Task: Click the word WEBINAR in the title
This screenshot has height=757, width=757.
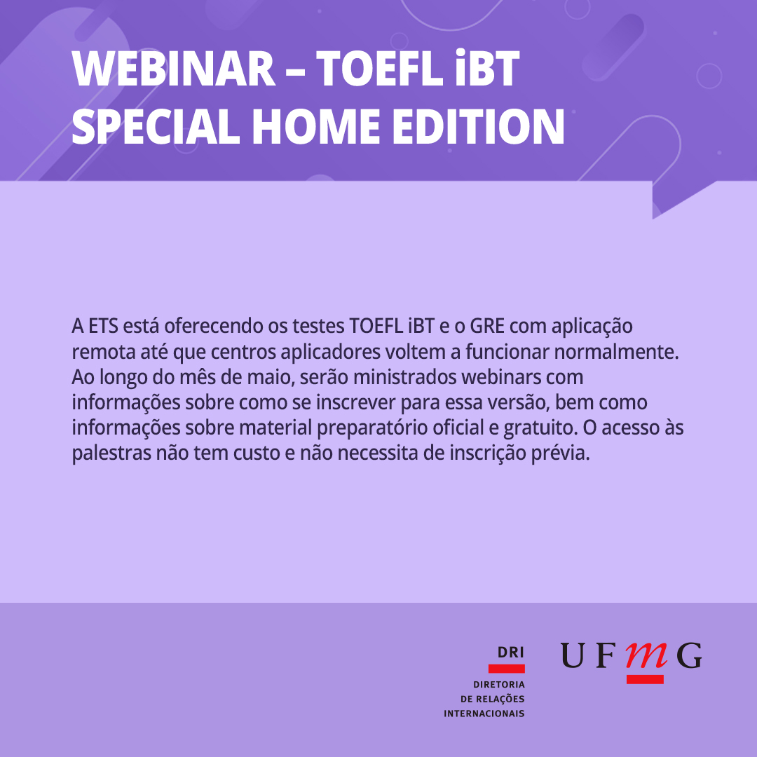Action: [174, 69]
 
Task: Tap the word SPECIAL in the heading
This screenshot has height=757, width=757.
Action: [156, 126]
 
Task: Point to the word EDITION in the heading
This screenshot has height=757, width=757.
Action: [478, 126]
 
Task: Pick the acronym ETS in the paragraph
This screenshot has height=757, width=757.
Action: [103, 327]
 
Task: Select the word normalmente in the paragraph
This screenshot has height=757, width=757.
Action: [616, 351]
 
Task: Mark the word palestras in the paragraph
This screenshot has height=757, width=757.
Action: [111, 453]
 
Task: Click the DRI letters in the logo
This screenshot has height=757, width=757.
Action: [511, 653]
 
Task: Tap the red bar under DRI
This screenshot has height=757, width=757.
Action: [507, 669]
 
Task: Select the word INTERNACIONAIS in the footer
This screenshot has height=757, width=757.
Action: [484, 714]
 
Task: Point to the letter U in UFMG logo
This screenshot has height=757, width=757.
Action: [573, 655]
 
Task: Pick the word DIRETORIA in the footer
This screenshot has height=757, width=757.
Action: [499, 685]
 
